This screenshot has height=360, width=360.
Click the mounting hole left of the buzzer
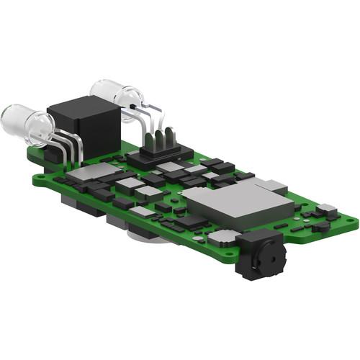click(x=228, y=253)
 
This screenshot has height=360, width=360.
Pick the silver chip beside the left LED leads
click(x=97, y=172)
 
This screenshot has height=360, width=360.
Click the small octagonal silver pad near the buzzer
click(x=224, y=236)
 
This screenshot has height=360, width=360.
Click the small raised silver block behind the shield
click(x=269, y=184)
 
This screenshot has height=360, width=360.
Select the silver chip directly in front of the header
click(x=171, y=167)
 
